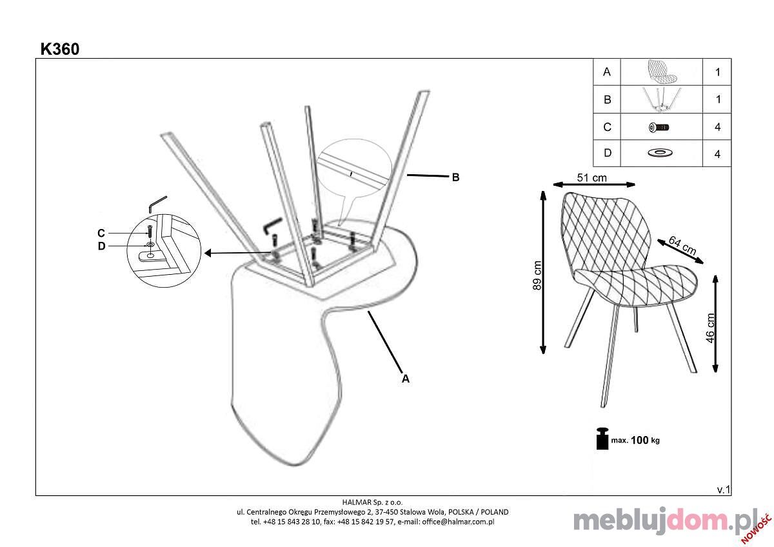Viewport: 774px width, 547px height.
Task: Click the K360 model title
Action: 60,49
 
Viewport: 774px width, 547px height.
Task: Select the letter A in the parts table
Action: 606,72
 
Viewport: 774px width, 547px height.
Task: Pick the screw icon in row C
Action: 659,128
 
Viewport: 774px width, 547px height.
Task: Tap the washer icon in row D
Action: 660,152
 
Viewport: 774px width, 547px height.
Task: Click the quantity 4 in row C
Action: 718,127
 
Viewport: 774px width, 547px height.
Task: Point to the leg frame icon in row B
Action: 661,99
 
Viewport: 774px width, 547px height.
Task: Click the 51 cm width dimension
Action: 591,177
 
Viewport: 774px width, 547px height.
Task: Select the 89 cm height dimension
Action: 537,275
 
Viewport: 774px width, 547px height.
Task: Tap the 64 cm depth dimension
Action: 682,245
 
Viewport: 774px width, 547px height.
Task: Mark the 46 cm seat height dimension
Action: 709,328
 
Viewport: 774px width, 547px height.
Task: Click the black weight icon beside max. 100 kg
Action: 602,439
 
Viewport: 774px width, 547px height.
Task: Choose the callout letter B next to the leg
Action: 456,177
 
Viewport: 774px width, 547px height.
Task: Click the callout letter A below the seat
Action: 405,379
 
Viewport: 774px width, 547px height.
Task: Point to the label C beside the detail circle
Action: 101,234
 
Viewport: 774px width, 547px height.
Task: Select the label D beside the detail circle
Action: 101,246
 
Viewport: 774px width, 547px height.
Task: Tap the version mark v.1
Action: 724,490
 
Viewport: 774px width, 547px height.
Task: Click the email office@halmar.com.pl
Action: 458,522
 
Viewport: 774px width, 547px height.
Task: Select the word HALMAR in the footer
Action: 355,502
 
